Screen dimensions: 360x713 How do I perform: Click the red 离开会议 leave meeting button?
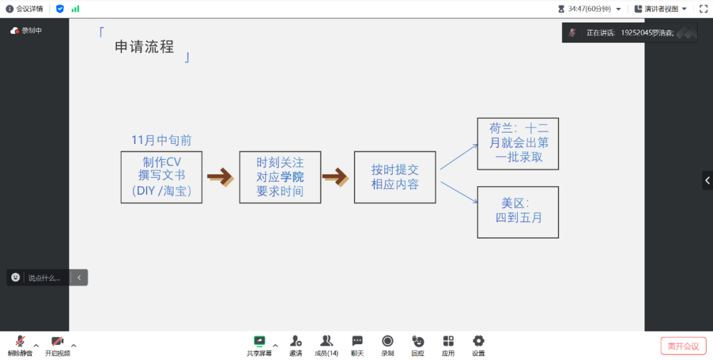(683, 346)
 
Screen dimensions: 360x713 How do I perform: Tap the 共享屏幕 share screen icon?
(259, 342)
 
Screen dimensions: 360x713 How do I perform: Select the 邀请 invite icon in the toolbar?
(296, 342)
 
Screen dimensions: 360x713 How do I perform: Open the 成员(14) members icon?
(326, 342)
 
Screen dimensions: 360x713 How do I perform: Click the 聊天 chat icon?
(357, 342)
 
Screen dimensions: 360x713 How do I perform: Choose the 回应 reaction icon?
(418, 342)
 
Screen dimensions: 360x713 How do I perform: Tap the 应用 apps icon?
(448, 342)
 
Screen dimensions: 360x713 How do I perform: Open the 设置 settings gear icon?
(479, 342)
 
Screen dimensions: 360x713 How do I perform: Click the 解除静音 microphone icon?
(20, 342)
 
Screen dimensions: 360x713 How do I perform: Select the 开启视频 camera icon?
(57, 342)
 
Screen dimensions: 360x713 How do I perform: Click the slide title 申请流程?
(145, 47)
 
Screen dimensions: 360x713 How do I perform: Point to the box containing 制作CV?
(162, 177)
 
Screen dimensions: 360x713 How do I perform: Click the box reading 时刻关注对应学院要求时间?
(280, 177)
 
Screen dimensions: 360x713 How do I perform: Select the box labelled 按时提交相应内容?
(395, 177)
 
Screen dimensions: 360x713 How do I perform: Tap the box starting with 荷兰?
(518, 143)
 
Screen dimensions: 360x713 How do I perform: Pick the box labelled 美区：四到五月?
(518, 211)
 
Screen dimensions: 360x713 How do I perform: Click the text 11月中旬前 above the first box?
(162, 140)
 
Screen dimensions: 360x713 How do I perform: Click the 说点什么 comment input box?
(44, 278)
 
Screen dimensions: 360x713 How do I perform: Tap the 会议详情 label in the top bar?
(29, 9)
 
